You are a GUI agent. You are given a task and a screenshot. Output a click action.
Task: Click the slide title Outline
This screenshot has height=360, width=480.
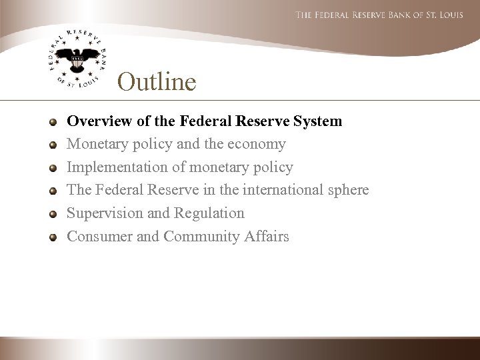click(x=157, y=82)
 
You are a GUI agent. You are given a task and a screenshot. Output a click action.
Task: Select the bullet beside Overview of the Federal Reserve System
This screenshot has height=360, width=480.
click(x=53, y=123)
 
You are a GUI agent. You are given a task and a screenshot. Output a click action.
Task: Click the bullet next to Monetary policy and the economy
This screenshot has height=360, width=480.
click(x=53, y=145)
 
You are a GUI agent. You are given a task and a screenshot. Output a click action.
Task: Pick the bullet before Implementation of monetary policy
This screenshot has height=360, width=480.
click(x=53, y=168)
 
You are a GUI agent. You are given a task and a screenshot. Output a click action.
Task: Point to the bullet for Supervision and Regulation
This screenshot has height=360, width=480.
click(x=53, y=214)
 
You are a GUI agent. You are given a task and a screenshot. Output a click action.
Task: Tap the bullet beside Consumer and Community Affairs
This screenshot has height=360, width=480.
click(x=53, y=237)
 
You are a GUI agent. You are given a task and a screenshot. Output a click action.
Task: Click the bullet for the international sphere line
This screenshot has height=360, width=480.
click(x=53, y=191)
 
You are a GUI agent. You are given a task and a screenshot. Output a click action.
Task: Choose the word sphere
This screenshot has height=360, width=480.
click(x=347, y=191)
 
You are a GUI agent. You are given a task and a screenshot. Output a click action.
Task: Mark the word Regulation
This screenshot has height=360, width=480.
click(x=209, y=213)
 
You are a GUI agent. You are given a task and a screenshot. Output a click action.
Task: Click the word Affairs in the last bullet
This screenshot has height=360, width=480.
click(x=267, y=236)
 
